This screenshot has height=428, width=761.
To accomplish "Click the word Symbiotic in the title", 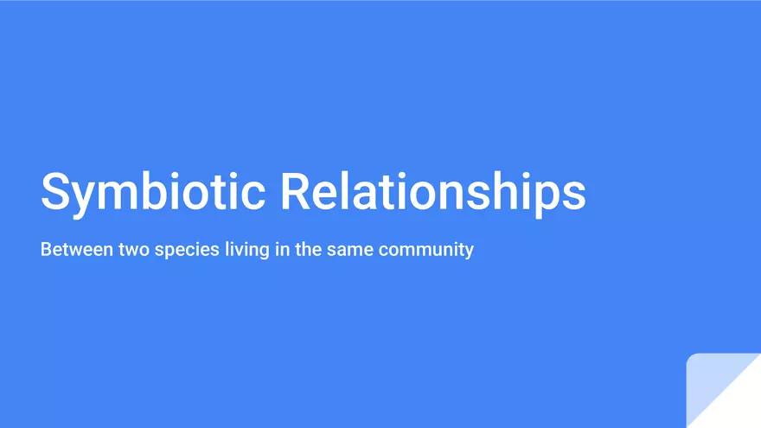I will (153, 191).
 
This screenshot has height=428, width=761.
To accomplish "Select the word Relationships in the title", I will (432, 191).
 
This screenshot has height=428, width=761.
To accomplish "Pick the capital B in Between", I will (47, 250).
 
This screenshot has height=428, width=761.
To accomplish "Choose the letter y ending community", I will (469, 252).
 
